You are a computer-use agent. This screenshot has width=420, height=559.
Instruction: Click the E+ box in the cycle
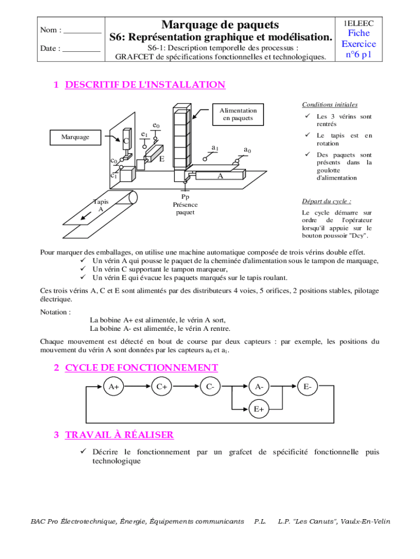[x=258, y=408]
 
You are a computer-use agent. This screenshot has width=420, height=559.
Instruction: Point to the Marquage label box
[x=75, y=137]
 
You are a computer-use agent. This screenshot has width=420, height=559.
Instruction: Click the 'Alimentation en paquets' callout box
[x=238, y=114]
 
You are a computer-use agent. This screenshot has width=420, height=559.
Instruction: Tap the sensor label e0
[x=156, y=126]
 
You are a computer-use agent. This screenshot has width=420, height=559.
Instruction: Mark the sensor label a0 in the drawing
[x=247, y=150]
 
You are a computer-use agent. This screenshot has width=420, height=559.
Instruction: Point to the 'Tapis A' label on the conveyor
[x=100, y=205]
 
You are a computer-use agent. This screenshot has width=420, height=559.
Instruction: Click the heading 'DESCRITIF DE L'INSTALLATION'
[x=145, y=85]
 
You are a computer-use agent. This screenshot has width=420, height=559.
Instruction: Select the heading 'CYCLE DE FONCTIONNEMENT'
[x=141, y=367]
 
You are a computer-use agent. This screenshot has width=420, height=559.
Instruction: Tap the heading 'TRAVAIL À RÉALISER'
[x=119, y=435]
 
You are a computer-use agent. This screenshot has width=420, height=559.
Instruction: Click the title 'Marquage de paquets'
[x=220, y=25]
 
